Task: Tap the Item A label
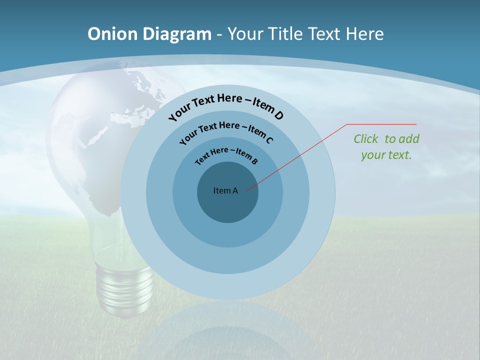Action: coord(225,190)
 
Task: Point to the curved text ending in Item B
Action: coord(226,155)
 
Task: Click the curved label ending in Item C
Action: coord(225,131)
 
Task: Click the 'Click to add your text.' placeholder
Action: coord(386,147)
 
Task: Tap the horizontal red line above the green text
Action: coord(381,124)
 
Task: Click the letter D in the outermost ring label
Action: coord(278,116)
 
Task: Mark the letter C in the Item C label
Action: coord(269,140)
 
